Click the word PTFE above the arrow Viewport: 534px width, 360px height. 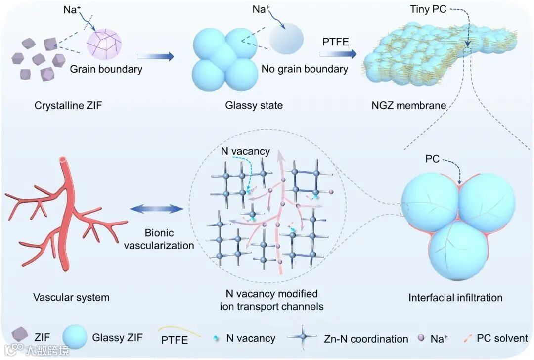336,42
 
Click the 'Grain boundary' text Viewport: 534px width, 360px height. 106,69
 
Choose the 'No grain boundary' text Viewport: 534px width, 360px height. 305,69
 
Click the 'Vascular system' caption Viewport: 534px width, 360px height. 71,297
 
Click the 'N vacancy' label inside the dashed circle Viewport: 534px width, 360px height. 246,151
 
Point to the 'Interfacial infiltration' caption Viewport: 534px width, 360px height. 455,297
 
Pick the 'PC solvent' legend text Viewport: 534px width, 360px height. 502,339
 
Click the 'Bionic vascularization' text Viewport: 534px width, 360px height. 159,238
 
